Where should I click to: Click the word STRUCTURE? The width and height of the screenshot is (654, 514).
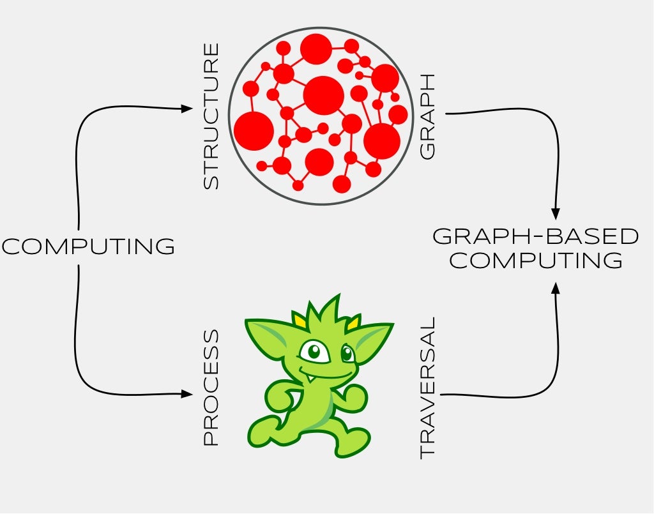pos(211,116)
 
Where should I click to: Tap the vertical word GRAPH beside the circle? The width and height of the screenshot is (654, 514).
pos(427,116)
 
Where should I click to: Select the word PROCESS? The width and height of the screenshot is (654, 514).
pos(211,388)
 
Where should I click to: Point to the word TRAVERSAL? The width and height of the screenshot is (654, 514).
pos(427,388)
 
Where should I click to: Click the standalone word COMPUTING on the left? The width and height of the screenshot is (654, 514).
pos(88,246)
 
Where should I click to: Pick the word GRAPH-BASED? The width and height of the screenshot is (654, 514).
pos(535,236)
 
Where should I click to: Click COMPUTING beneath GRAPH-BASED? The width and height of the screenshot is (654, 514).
pos(536,261)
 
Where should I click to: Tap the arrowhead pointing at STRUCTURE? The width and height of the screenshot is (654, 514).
pos(186,109)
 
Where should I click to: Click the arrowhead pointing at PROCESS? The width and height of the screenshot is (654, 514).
pos(186,394)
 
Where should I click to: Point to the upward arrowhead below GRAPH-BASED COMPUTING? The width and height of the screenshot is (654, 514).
pos(556,289)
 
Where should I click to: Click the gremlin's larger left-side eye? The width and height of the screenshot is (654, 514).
pos(314,351)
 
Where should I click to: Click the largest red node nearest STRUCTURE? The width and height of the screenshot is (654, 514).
pos(254,131)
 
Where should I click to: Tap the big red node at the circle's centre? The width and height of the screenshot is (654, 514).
pos(323,95)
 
